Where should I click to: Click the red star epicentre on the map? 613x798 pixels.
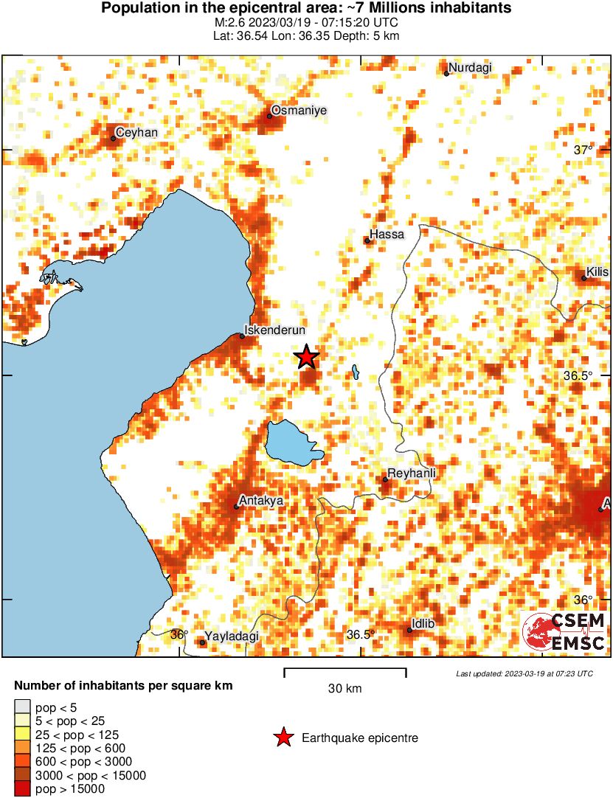(x=307, y=357)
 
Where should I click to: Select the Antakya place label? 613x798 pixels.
(x=263, y=501)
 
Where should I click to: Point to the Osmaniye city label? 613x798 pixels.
(x=299, y=111)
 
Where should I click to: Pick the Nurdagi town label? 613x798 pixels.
(x=470, y=68)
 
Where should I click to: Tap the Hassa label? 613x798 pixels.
(x=387, y=235)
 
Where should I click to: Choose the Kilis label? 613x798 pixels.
(x=598, y=272)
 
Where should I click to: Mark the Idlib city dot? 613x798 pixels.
(x=409, y=630)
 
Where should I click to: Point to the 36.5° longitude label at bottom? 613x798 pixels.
(x=361, y=634)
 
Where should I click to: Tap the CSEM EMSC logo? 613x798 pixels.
(x=564, y=632)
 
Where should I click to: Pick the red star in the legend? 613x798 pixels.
(x=283, y=738)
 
